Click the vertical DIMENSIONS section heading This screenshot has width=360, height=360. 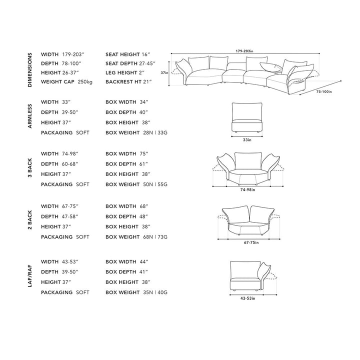30,70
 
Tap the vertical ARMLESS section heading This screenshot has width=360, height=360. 30,116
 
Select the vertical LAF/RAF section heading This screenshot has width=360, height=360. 30,276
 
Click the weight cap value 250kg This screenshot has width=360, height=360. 85,81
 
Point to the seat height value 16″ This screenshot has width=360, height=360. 146,54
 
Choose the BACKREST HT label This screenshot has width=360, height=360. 123,81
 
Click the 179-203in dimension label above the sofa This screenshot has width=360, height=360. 244,51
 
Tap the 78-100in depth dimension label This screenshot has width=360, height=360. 324,91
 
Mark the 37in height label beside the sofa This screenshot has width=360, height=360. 164,73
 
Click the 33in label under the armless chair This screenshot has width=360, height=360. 247,140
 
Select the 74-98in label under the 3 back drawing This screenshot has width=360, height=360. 247,190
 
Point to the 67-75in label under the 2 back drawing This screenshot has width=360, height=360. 251,242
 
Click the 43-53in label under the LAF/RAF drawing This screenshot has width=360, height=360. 247,298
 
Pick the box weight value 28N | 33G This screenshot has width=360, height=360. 155,132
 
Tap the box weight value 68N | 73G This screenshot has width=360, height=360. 155,237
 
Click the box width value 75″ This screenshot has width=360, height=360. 144,154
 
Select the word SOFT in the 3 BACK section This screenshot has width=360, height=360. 82,184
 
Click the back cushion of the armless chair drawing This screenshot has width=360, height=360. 247,111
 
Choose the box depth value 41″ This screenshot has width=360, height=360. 143,272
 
